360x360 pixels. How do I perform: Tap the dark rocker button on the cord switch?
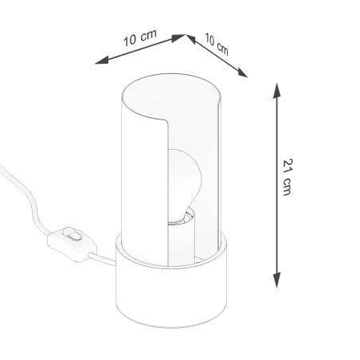coord(73,235)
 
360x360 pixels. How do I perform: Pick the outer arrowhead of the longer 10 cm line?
coord(98,63)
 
